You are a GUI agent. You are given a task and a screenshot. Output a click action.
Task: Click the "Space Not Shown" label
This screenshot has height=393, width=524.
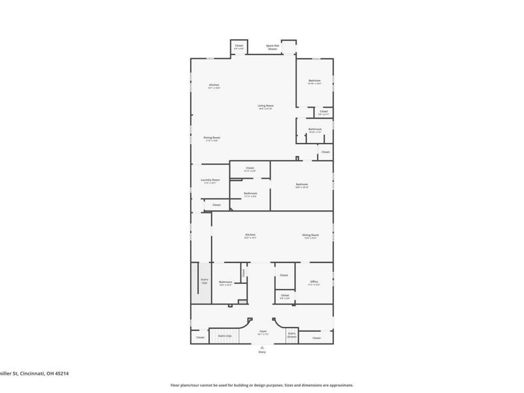[272, 47]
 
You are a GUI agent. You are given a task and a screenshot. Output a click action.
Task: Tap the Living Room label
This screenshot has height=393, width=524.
[265, 107]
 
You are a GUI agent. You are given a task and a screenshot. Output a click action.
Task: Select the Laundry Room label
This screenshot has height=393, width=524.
[210, 181]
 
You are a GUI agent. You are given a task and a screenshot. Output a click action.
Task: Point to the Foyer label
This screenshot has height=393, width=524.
[263, 333]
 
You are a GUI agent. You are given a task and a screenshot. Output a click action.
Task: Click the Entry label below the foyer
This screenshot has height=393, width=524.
[263, 352]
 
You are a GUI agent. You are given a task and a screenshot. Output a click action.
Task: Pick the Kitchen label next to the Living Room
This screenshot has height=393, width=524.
[214, 86]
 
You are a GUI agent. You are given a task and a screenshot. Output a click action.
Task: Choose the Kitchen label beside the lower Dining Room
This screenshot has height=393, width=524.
[250, 236]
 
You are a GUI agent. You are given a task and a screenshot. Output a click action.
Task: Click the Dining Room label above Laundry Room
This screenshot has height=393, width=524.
[212, 138]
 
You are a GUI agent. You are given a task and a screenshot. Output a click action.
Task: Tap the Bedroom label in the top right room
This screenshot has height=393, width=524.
[314, 82]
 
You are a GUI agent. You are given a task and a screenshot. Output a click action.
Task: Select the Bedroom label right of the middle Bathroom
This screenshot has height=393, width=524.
[301, 185]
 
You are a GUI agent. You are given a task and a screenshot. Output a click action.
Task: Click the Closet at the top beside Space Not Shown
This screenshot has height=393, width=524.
[239, 47]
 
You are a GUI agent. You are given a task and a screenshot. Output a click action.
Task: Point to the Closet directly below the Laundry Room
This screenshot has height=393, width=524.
[216, 205]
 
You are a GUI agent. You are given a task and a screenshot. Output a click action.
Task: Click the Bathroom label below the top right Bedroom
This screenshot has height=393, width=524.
[315, 130]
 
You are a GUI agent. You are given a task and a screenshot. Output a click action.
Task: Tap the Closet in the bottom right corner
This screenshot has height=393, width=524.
[317, 338]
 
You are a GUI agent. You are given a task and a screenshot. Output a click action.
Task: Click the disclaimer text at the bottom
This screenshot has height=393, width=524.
[262, 385]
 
